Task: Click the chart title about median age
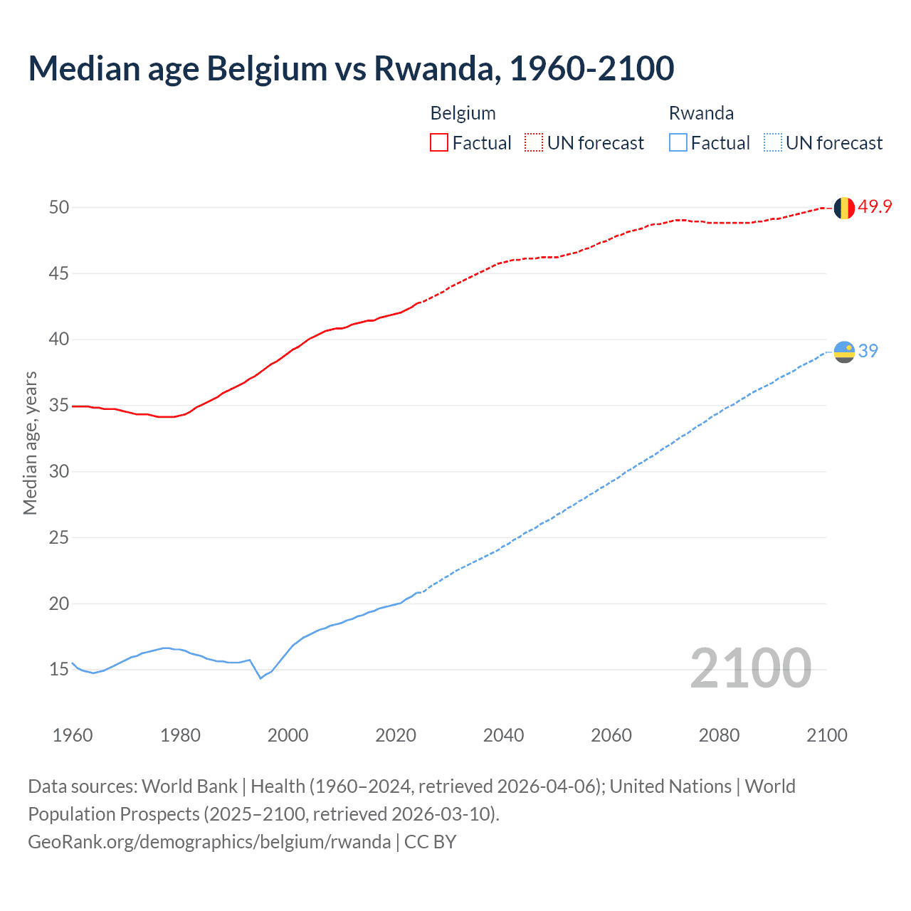pyautogui.click(x=351, y=69)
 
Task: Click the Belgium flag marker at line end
pyautogui.click(x=844, y=208)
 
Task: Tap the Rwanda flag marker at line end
pyautogui.click(x=844, y=352)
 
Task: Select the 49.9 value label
pyautogui.click(x=875, y=207)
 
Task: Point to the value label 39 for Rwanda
pyautogui.click(x=868, y=351)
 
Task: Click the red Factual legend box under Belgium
pyautogui.click(x=439, y=143)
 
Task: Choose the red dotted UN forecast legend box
pyautogui.click(x=534, y=143)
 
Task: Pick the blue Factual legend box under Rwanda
pyautogui.click(x=678, y=143)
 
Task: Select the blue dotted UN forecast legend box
pyautogui.click(x=773, y=143)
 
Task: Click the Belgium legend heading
pyautogui.click(x=463, y=113)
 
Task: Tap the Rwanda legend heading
pyautogui.click(x=701, y=113)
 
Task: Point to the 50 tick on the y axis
pyautogui.click(x=59, y=207)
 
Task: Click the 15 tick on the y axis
pyautogui.click(x=59, y=670)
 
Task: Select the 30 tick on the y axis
pyautogui.click(x=59, y=471)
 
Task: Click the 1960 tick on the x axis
pyautogui.click(x=73, y=735)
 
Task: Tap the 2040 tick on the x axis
pyautogui.click(x=503, y=735)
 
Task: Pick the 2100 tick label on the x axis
pyautogui.click(x=826, y=735)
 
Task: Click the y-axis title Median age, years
pyautogui.click(x=30, y=443)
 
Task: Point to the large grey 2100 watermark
pyautogui.click(x=750, y=668)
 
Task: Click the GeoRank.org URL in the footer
pyautogui.click(x=209, y=842)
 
